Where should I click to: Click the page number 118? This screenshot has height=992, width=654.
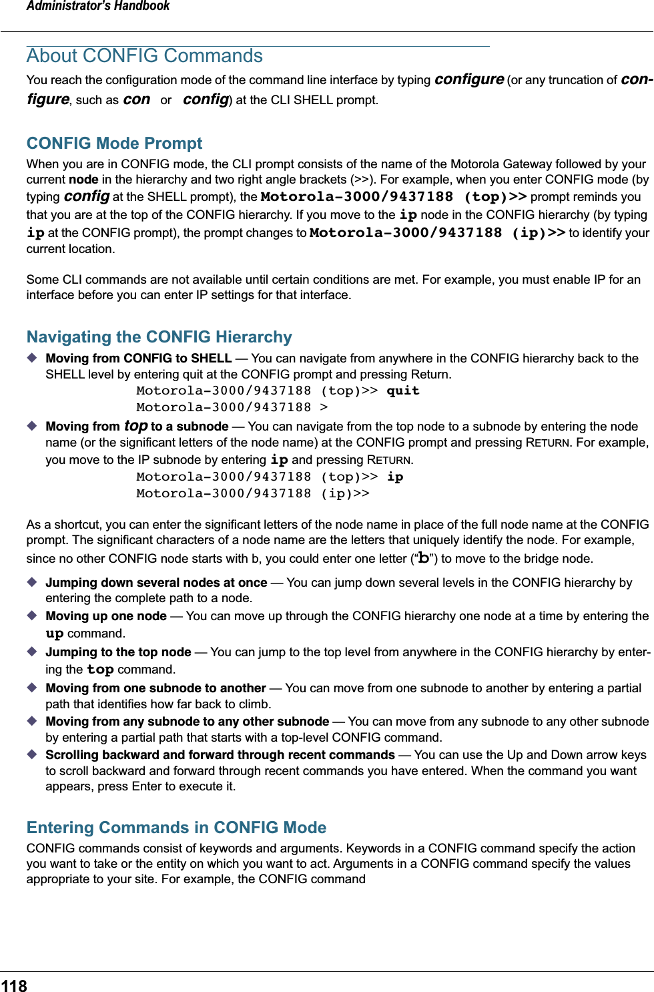[x=14, y=985]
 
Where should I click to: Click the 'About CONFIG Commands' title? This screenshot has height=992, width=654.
[x=144, y=56]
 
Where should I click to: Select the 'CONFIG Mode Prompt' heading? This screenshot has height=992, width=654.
[x=114, y=144]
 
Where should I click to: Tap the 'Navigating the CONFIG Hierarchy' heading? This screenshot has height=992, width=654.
[x=159, y=337]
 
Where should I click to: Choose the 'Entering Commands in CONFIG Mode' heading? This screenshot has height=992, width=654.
[x=176, y=828]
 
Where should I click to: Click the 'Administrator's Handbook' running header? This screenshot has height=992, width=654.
[x=98, y=7]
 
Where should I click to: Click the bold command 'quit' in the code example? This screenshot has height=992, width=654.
[x=403, y=391]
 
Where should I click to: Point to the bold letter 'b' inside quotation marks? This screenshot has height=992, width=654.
[x=423, y=558]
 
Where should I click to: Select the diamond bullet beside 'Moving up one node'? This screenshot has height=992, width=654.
[x=32, y=615]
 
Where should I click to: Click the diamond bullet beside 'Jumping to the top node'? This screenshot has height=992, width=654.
[x=32, y=652]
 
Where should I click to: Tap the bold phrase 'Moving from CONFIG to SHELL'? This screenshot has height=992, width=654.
[x=138, y=358]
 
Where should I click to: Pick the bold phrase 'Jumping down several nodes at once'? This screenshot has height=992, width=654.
[x=156, y=583]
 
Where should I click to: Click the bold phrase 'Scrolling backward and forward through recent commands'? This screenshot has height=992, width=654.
[x=220, y=755]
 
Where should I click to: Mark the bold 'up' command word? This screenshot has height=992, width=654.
[x=55, y=634]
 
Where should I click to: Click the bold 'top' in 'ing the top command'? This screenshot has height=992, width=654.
[x=100, y=670]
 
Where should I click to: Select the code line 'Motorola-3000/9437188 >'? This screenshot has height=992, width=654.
[x=232, y=407]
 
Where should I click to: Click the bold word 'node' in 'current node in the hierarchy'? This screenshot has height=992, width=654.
[x=83, y=180]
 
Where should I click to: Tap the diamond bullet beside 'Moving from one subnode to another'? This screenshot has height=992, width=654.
[x=32, y=688]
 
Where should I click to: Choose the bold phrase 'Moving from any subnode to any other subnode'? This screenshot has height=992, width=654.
[x=187, y=722]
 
